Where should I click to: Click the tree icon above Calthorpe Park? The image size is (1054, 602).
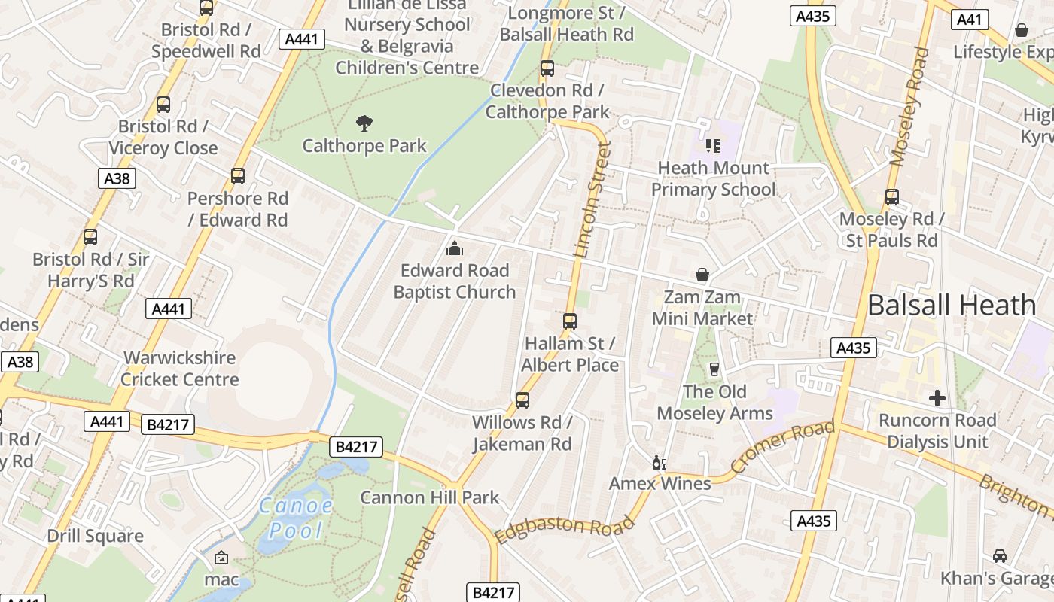[364, 123]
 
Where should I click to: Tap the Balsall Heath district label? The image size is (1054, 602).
[952, 305]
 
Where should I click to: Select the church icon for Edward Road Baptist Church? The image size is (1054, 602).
[455, 248]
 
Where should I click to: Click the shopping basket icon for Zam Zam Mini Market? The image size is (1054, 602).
[702, 275]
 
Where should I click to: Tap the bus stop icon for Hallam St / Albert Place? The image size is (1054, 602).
[570, 321]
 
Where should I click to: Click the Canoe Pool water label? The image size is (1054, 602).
[296, 518]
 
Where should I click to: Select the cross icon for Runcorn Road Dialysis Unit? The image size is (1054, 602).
[937, 397]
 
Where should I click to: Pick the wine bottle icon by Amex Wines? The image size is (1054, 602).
[659, 462]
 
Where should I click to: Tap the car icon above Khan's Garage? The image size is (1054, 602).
[999, 556]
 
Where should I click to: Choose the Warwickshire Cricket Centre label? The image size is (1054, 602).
[180, 369]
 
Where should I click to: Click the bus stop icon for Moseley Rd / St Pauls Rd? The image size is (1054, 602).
[892, 197]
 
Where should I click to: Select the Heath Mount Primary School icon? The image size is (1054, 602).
[712, 145]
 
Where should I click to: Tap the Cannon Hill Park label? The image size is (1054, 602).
[429, 497]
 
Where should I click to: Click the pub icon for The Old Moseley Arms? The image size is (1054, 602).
[714, 369]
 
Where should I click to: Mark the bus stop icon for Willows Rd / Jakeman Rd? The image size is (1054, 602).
[522, 400]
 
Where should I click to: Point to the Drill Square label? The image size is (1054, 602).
[95, 536]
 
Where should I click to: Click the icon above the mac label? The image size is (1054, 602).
[221, 558]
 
